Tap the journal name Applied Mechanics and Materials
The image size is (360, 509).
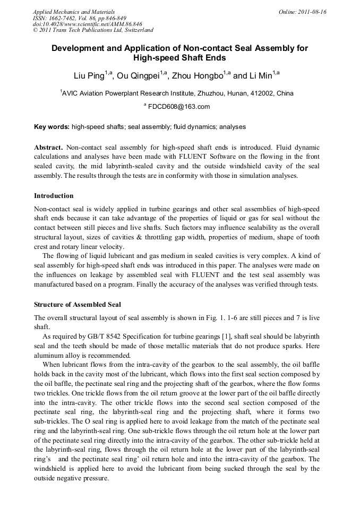pos(74,12)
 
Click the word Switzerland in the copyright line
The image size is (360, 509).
pos(136,30)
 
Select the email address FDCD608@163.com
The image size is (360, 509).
pos(178,107)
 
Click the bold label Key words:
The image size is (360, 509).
pos(52,127)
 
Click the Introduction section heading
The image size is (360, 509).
pos(54,196)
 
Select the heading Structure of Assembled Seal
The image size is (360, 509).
pos(78,305)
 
